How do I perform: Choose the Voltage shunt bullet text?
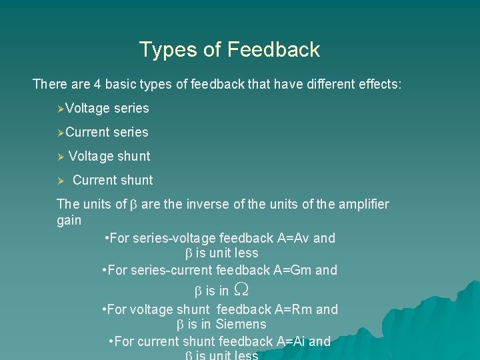(x=109, y=156)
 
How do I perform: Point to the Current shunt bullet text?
(x=113, y=180)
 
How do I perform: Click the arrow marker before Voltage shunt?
(x=60, y=156)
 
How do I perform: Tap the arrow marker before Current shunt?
(x=60, y=181)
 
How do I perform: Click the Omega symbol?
(x=243, y=290)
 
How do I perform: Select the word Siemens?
(x=241, y=325)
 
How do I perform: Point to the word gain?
(x=69, y=220)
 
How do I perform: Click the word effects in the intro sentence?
(x=379, y=85)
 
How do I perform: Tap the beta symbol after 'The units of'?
(x=131, y=205)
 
